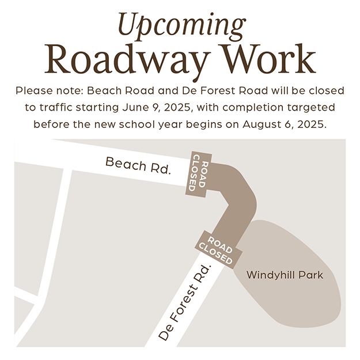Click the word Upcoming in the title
click(x=182, y=26)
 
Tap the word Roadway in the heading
click(x=127, y=60)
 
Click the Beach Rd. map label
click(x=138, y=165)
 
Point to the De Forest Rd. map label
click(x=184, y=302)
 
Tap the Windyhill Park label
click(x=285, y=275)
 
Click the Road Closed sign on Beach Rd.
click(x=199, y=175)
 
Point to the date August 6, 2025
click(x=285, y=124)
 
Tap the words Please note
click(x=49, y=90)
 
